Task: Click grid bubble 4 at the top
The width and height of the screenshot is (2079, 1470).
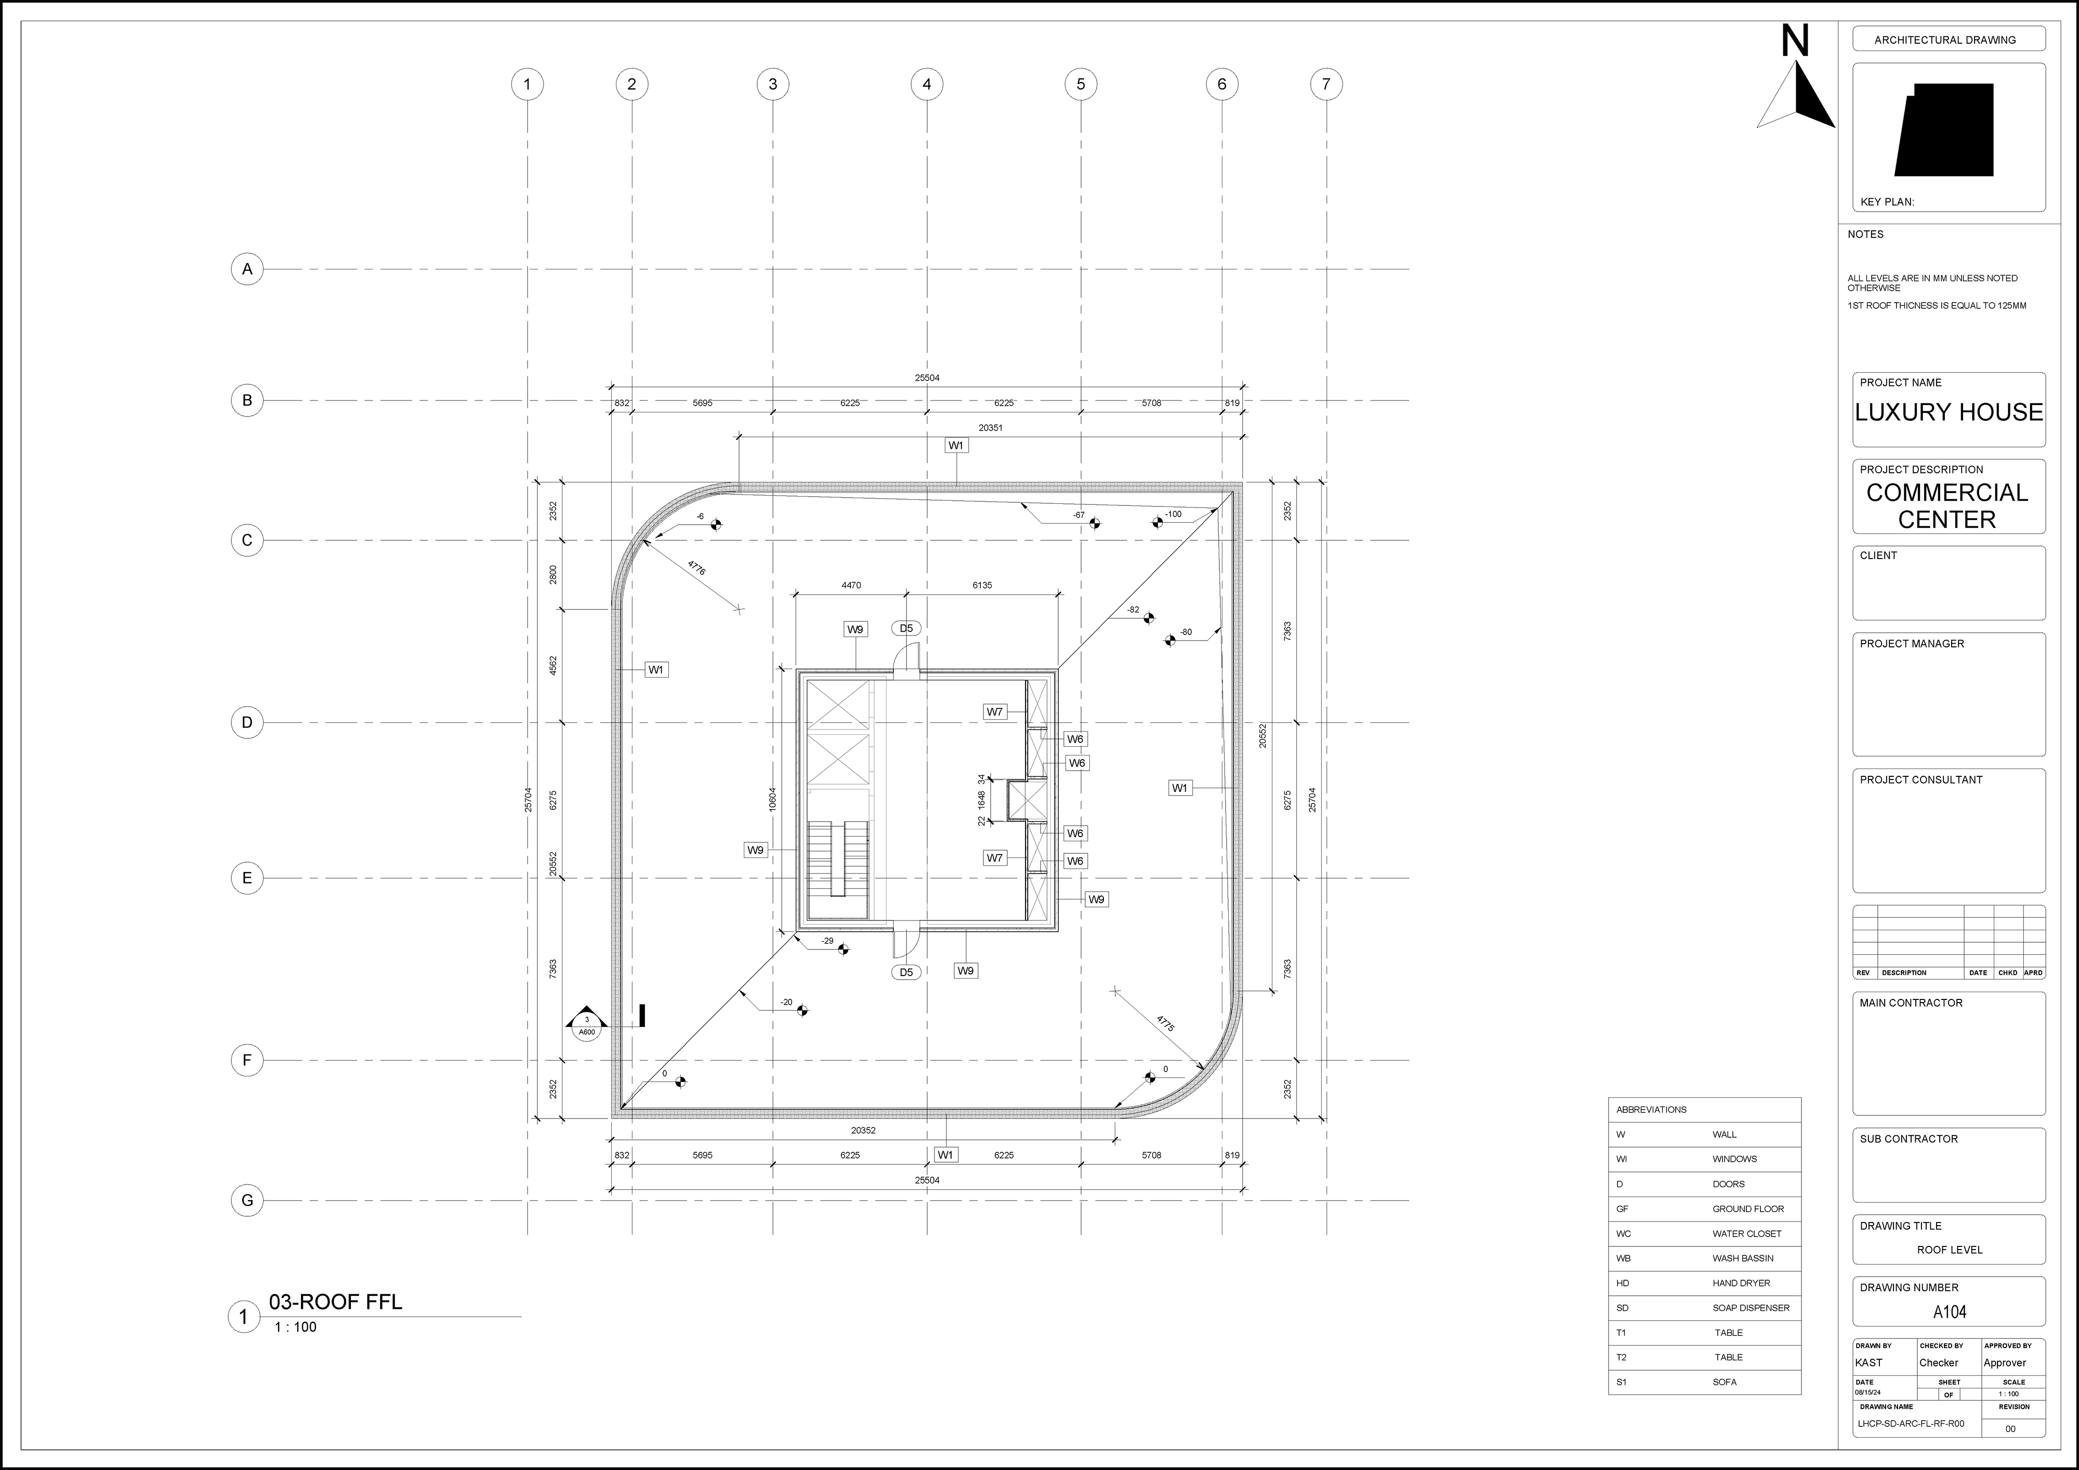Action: (926, 84)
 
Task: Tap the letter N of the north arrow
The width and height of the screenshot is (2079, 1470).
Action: (1795, 42)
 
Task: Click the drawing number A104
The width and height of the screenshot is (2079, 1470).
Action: (1950, 1311)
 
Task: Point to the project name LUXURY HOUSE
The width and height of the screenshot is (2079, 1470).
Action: (1949, 412)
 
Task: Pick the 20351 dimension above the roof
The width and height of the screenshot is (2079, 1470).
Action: (991, 427)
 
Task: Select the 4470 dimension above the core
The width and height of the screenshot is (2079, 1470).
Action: (851, 585)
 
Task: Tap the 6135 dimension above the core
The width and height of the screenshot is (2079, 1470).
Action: (982, 585)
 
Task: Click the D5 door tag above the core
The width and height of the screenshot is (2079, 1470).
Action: (906, 628)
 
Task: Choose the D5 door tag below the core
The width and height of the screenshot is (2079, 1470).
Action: (906, 972)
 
